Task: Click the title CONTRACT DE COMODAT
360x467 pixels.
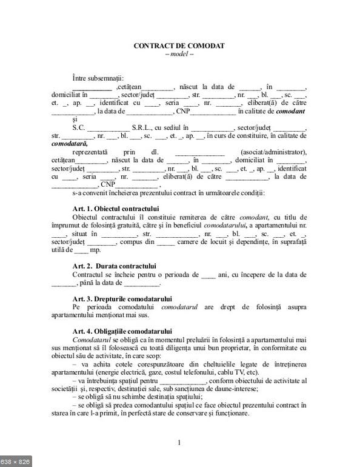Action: point(179,45)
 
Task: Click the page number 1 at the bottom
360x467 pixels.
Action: point(179,442)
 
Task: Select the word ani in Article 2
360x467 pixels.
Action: point(226,275)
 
